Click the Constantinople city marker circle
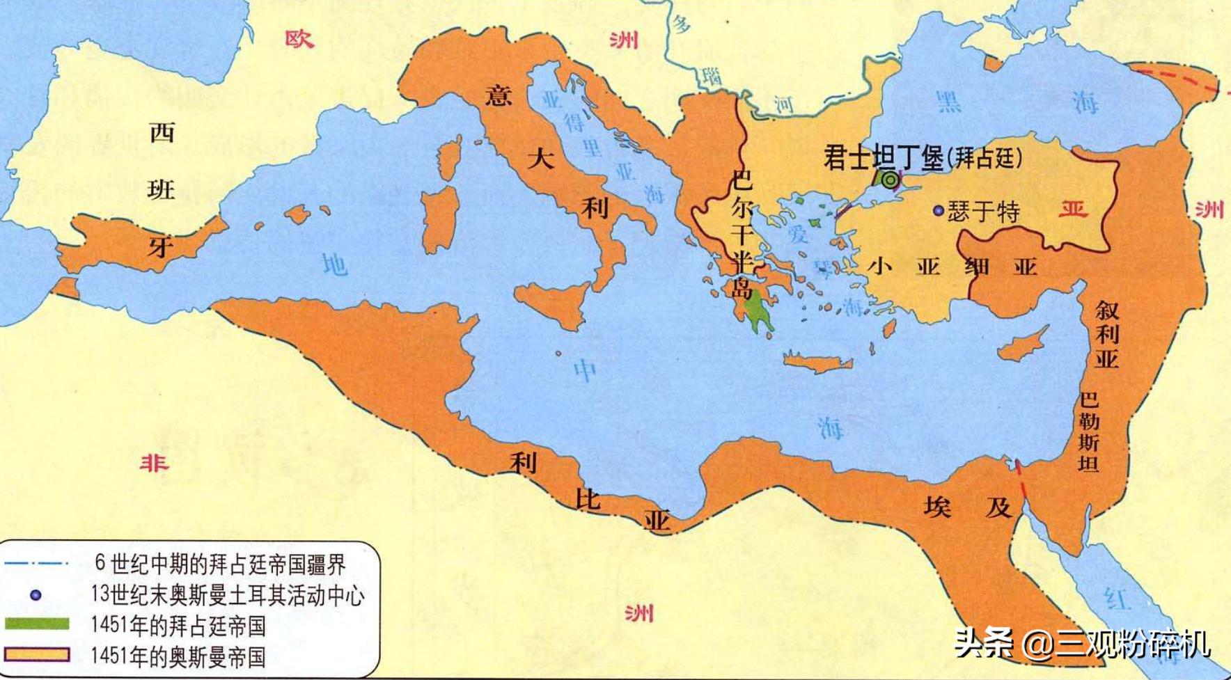(x=889, y=180)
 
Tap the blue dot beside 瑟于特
(x=939, y=210)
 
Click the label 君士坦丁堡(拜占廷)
(x=923, y=158)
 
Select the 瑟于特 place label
(x=983, y=211)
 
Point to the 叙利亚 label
(x=1106, y=334)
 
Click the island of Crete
(x=817, y=363)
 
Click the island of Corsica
(x=450, y=157)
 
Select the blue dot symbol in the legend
(x=36, y=595)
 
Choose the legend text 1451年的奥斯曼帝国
(x=178, y=656)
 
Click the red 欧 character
(x=299, y=39)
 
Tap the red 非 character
(x=154, y=462)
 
